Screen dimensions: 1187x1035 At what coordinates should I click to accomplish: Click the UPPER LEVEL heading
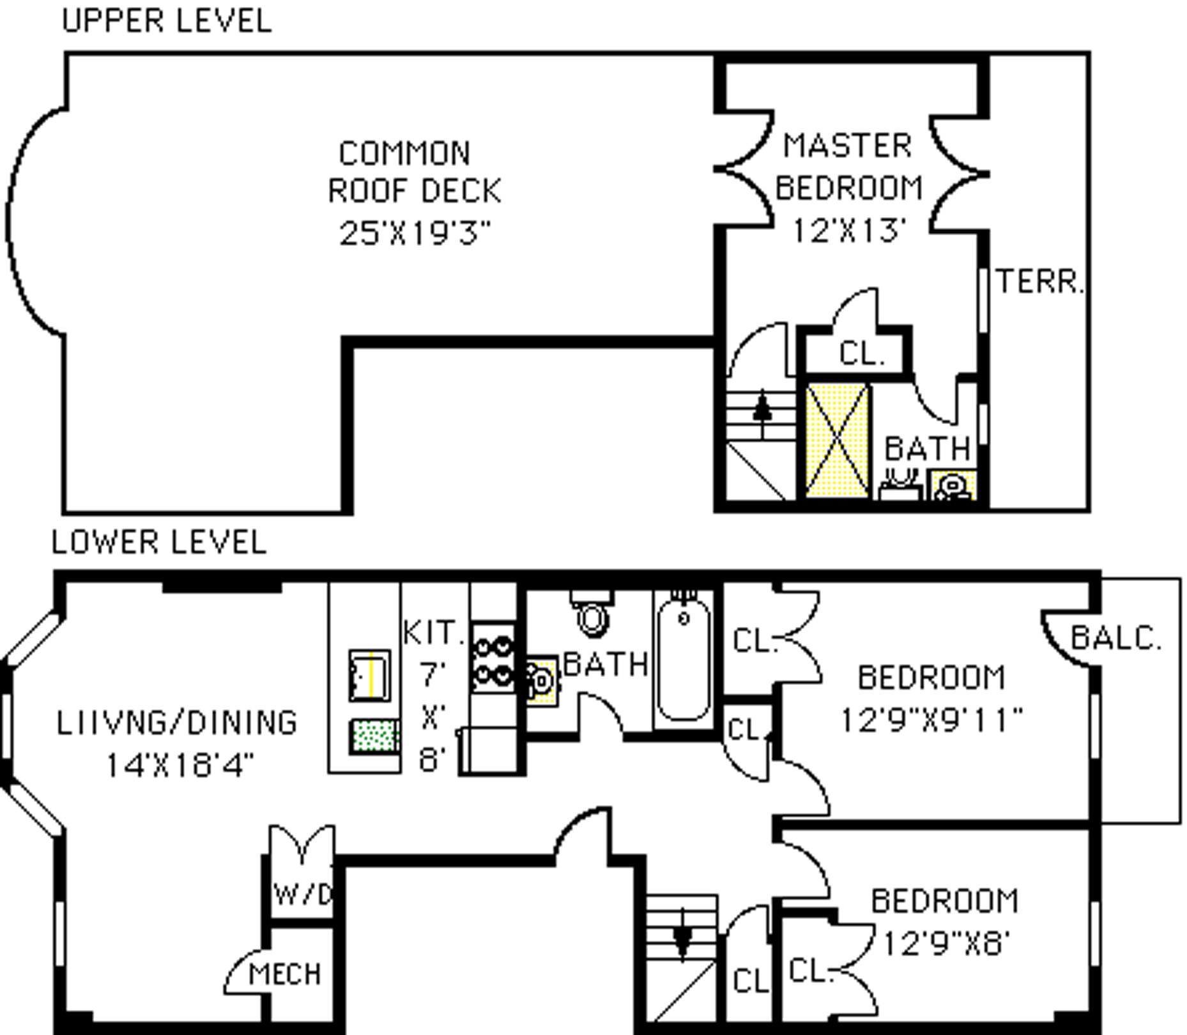click(x=167, y=21)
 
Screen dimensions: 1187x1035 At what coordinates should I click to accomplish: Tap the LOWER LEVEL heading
click(x=159, y=543)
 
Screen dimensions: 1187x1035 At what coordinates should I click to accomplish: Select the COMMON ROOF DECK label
click(x=414, y=172)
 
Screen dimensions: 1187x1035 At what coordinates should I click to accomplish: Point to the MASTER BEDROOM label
click(x=848, y=167)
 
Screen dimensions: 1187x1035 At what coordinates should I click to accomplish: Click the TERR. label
click(x=1039, y=282)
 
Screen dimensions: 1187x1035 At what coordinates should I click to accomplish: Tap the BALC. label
click(x=1115, y=638)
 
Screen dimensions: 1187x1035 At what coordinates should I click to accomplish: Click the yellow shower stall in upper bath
click(x=838, y=440)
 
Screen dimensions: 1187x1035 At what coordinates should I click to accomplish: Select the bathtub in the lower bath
click(x=684, y=658)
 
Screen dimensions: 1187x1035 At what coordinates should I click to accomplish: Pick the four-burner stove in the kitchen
click(x=493, y=658)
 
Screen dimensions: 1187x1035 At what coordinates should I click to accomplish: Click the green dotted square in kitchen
click(x=374, y=736)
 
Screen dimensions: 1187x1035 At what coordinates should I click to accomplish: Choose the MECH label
click(x=285, y=974)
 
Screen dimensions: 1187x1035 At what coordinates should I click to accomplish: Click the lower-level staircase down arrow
click(x=682, y=939)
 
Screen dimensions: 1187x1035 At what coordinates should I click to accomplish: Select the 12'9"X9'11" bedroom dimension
click(x=931, y=720)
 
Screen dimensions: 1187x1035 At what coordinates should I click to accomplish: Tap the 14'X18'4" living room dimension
click(x=180, y=764)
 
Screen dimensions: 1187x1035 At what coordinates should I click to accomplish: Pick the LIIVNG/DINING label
click(x=177, y=723)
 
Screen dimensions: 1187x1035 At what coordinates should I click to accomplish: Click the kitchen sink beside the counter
click(x=369, y=675)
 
